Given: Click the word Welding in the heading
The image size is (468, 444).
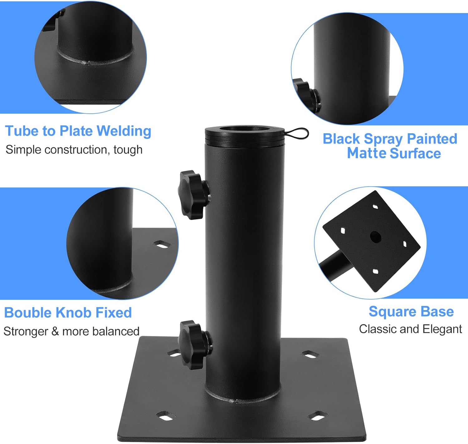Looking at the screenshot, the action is [124, 131].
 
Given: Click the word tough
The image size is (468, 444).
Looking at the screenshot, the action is [128, 150].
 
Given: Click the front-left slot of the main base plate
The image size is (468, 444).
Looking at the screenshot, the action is [165, 416].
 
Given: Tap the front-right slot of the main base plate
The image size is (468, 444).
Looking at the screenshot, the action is [318, 416].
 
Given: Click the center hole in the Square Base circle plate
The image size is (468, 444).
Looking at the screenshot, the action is [376, 237].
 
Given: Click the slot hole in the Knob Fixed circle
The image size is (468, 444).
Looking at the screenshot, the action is [162, 244].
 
